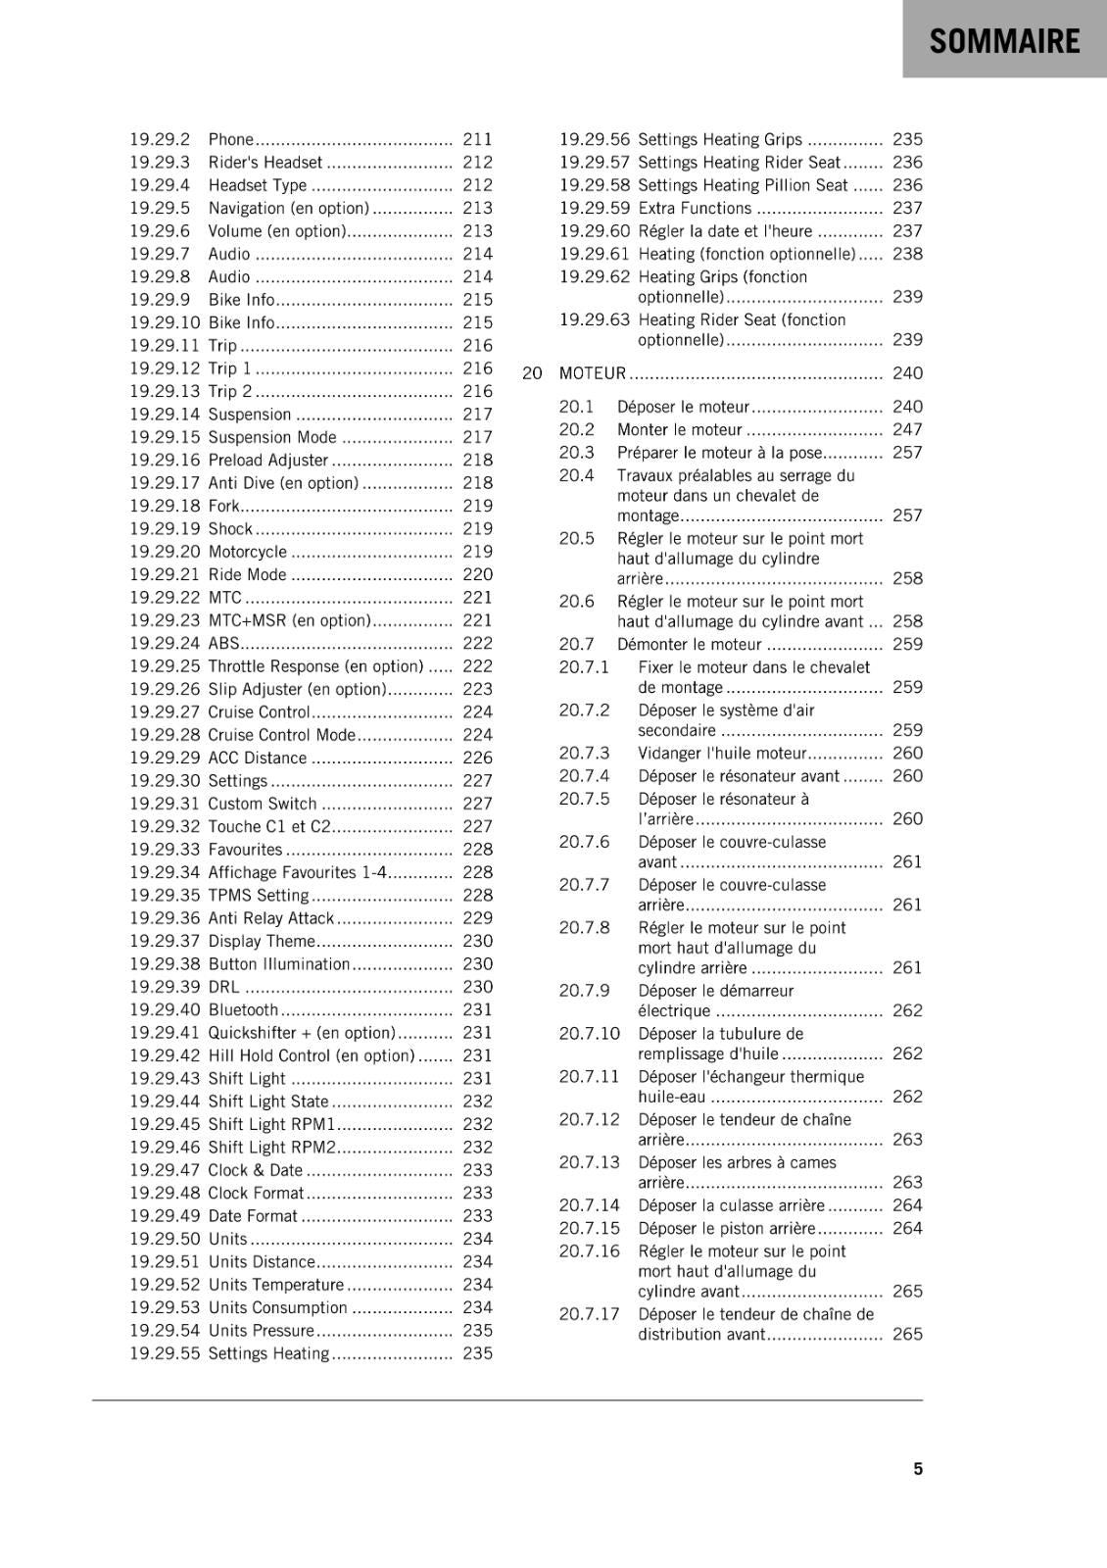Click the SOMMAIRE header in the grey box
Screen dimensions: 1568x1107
pyautogui.click(x=1004, y=41)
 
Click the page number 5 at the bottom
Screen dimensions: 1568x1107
pyautogui.click(x=918, y=1468)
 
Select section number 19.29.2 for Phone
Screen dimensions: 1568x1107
pyautogui.click(x=160, y=139)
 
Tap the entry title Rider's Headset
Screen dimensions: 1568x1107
pyautogui.click(x=265, y=163)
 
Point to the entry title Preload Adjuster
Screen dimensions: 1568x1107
pyautogui.click(x=267, y=460)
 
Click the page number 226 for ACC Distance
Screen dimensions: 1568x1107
pyautogui.click(x=477, y=758)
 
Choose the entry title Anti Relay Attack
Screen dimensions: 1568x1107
pyautogui.click(x=270, y=918)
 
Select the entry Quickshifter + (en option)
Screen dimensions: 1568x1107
pyautogui.click(x=301, y=1033)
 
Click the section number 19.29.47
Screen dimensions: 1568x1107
pyautogui.click(x=165, y=1170)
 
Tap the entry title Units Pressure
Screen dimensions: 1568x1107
pyautogui.click(x=261, y=1331)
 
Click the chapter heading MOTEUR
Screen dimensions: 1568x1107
pyautogui.click(x=592, y=373)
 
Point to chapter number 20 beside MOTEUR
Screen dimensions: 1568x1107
pyautogui.click(x=532, y=373)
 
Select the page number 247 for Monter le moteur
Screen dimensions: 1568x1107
pyautogui.click(x=907, y=429)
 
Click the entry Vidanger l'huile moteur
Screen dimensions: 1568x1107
pyautogui.click(x=722, y=754)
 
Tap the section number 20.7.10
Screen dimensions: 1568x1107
pyautogui.click(x=590, y=1034)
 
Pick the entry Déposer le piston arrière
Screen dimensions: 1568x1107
pyautogui.click(x=726, y=1229)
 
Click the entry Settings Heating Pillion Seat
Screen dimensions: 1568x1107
pyautogui.click(x=743, y=185)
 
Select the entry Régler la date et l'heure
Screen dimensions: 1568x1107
pyautogui.click(x=725, y=231)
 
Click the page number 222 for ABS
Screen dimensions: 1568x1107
pyautogui.click(x=477, y=643)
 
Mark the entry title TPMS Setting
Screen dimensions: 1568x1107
pyautogui.click(x=258, y=896)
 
